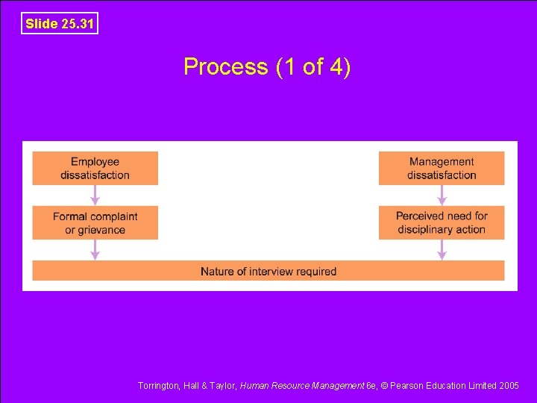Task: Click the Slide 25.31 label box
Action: [60, 24]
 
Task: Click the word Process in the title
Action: [225, 67]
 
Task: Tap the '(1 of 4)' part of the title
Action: [313, 67]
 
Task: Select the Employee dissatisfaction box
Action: [95, 168]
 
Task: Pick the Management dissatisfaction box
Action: [442, 168]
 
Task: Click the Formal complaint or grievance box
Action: [95, 223]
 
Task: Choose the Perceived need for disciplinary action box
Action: [442, 223]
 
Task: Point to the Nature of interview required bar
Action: [268, 271]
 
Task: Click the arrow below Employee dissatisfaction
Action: [95, 196]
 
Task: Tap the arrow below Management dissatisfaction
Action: [442, 196]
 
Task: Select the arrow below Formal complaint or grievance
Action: [95, 250]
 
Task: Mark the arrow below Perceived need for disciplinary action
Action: [442, 250]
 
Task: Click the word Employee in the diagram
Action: [95, 162]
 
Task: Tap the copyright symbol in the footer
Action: [386, 386]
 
